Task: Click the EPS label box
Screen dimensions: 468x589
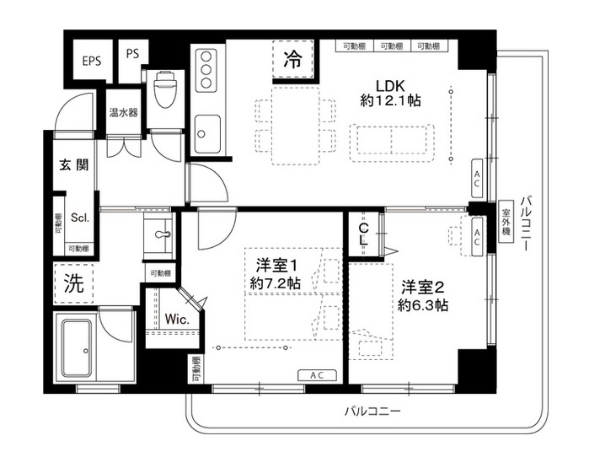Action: [91, 60]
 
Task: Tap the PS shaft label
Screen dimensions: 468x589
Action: [132, 53]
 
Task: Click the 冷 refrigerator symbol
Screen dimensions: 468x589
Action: [292, 60]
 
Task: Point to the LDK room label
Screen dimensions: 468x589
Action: [390, 84]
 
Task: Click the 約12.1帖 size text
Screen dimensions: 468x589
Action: [390, 100]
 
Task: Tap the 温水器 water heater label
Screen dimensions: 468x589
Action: [123, 111]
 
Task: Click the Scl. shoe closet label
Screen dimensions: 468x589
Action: [80, 217]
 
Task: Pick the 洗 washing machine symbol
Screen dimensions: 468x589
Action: [74, 284]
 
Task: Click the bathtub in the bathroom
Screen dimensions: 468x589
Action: [78, 347]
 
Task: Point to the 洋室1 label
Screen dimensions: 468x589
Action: [275, 265]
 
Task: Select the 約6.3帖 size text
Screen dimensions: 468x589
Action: [424, 304]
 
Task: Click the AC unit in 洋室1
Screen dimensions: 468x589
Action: [318, 375]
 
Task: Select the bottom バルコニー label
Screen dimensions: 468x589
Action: [371, 412]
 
